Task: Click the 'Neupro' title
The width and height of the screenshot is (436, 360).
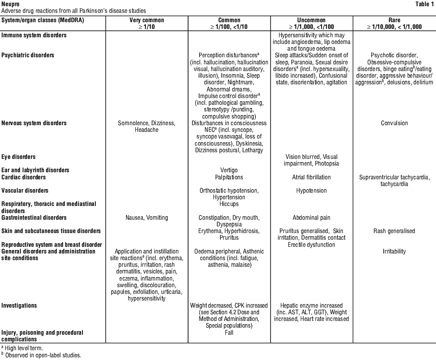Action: [x=10, y=4]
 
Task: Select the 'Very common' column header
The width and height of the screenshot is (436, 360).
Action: [x=147, y=20]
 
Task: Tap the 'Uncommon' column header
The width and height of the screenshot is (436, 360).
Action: [x=311, y=20]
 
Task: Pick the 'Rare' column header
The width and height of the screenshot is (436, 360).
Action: [x=394, y=20]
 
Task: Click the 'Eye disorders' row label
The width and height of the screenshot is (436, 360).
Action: [x=19, y=157]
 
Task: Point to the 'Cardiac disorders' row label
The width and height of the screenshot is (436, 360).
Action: [x=24, y=177]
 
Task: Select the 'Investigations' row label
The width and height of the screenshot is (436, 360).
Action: [x=19, y=306]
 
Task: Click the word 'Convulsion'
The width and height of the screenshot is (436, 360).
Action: [x=394, y=123]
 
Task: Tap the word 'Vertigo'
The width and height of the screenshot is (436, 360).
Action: [x=229, y=170]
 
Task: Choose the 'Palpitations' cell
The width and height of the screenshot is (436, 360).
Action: [x=229, y=177]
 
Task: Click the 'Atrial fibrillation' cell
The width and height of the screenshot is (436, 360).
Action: [x=311, y=177]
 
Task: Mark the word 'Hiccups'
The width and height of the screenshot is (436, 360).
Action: [x=229, y=204]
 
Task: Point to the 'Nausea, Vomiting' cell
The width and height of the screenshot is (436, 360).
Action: [x=147, y=218]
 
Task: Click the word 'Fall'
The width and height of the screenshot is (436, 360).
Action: [x=229, y=332]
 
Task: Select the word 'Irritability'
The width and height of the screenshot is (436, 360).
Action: [x=394, y=251]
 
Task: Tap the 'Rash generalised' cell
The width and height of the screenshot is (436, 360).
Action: [x=394, y=231]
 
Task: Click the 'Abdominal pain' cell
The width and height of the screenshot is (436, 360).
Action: [x=311, y=218]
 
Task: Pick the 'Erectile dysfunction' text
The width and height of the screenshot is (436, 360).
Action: [x=311, y=245]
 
